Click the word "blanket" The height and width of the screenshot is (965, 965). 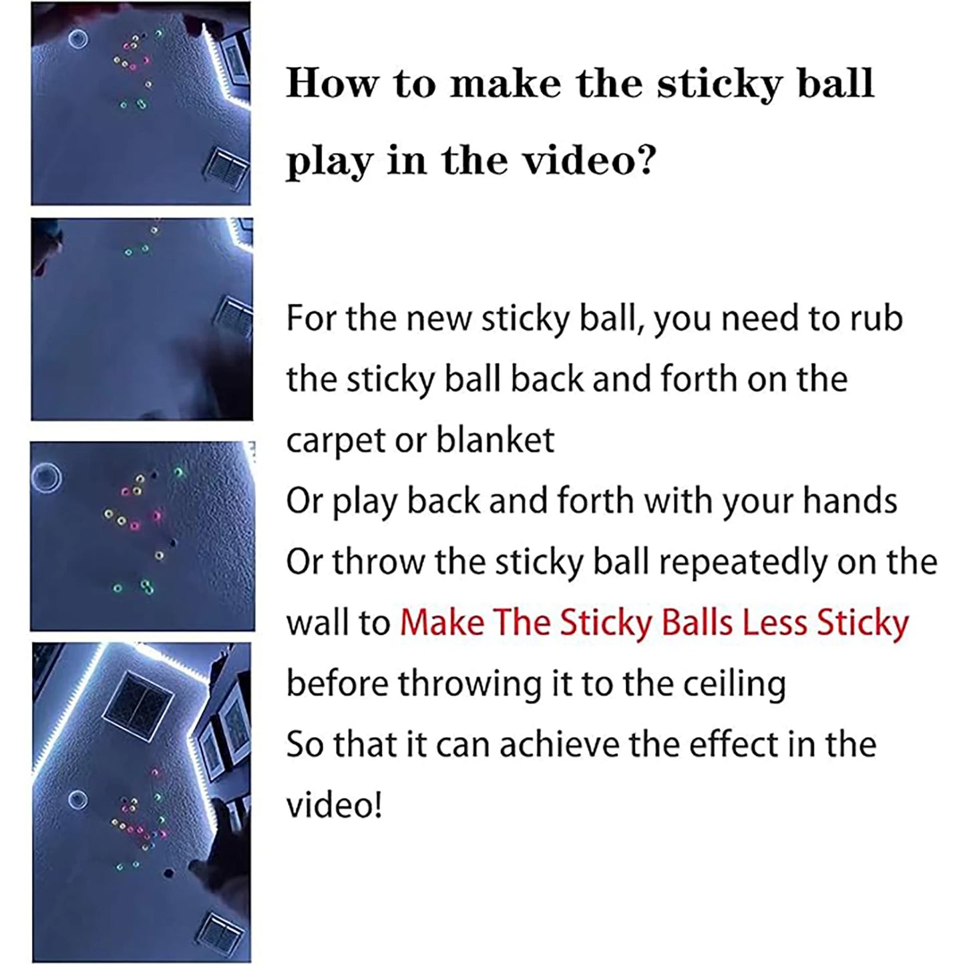pos(495,441)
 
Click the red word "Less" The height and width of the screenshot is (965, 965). pos(775,623)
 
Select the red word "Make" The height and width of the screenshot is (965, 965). pos(441,623)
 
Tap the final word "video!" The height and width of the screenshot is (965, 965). pos(334,805)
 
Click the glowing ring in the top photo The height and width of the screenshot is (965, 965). pos(78,39)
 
